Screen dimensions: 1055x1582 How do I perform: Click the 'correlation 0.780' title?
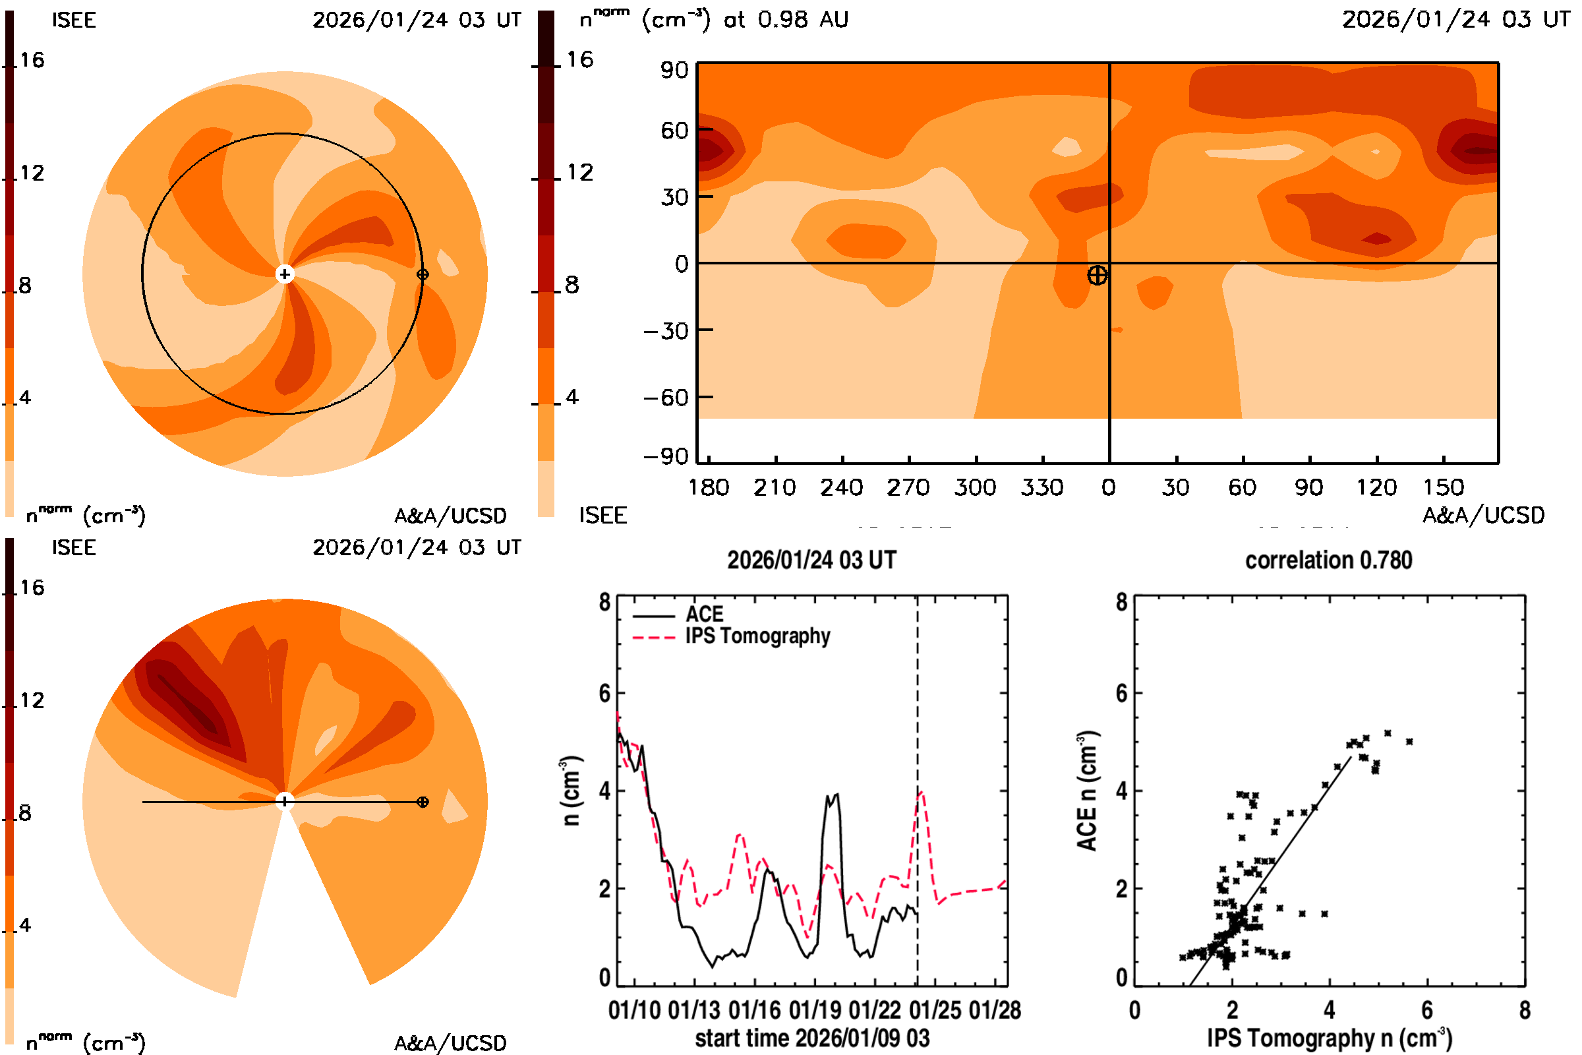[x=1328, y=560]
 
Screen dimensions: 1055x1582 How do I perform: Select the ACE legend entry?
[x=703, y=615]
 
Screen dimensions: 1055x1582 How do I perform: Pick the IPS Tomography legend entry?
[x=757, y=636]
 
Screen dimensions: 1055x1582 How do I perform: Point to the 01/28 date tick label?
[x=995, y=1011]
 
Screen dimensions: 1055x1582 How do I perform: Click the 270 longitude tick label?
[x=908, y=488]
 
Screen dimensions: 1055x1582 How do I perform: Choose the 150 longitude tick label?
[x=1443, y=488]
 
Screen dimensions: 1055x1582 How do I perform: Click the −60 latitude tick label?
[x=666, y=398]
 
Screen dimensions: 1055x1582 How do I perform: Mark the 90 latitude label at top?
[x=674, y=71]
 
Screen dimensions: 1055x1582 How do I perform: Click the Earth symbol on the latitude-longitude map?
[x=1097, y=275]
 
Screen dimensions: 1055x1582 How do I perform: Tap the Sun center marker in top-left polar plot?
[x=285, y=274]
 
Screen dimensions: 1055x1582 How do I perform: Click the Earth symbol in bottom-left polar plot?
[x=423, y=802]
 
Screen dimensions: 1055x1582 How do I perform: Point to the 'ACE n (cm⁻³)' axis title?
[x=1086, y=791]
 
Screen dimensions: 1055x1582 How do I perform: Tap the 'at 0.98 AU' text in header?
[x=786, y=20]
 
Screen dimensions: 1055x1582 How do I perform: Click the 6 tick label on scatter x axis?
[x=1426, y=1011]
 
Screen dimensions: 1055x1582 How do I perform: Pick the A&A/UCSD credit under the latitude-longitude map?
[x=1483, y=516]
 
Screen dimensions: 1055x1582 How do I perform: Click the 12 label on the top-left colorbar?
[x=32, y=173]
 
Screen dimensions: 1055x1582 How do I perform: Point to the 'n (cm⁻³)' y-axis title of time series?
[x=570, y=791]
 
